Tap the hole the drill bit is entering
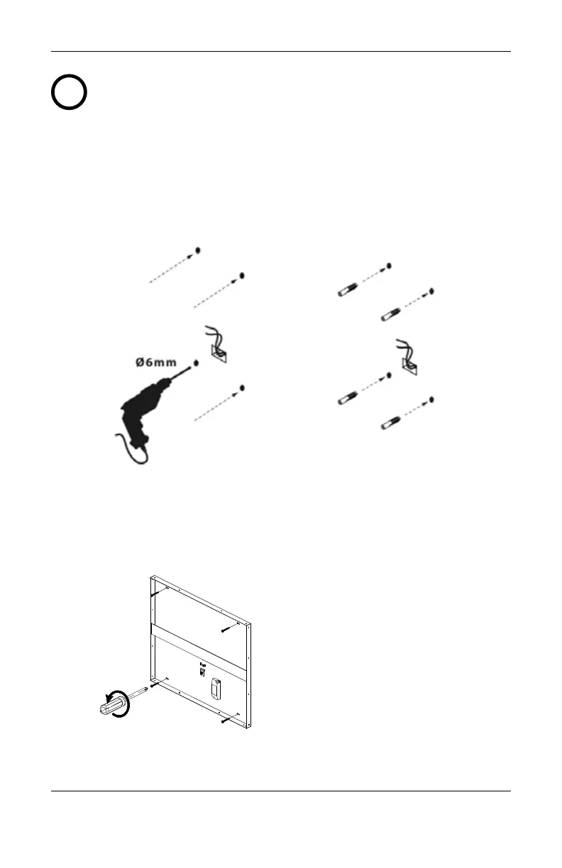point(195,362)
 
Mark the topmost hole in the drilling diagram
point(197,250)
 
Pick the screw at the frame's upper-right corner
point(227,628)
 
